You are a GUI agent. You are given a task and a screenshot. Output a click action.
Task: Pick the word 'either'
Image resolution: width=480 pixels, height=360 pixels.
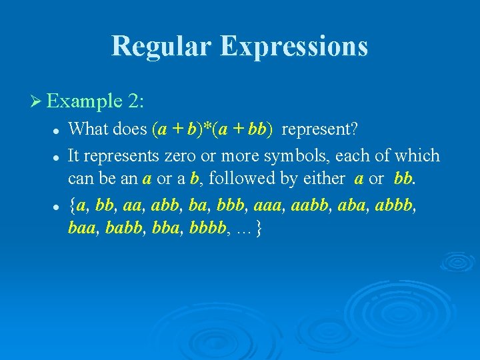323,179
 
